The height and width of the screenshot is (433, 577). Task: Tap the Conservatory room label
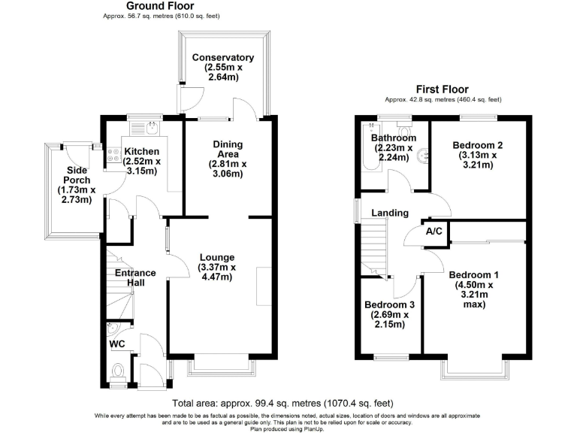[x=222, y=58]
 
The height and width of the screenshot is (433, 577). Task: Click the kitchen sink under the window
[x=149, y=126]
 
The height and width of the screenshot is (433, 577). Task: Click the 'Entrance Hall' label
[x=135, y=278]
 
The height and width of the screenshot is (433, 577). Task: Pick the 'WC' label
[x=117, y=344]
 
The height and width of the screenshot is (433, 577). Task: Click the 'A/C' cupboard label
[x=434, y=232]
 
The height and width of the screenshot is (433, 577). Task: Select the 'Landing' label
[x=390, y=213]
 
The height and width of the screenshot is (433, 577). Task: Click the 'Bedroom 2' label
[x=478, y=145]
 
